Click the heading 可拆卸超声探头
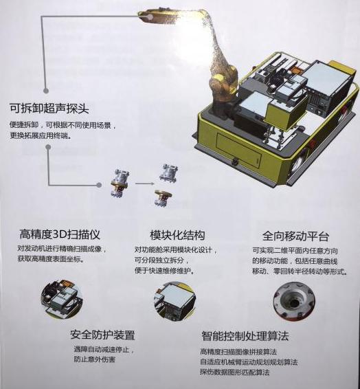tap(49, 108)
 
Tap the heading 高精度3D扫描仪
tap(60, 234)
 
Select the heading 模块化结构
tap(177, 234)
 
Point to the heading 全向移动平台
tap(295, 236)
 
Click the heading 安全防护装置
tap(102, 335)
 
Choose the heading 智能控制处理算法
tap(245, 336)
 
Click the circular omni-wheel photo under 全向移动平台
tap(294, 302)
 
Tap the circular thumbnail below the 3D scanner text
tap(62, 299)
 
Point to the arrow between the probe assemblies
tap(144, 184)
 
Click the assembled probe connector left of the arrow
tap(120, 183)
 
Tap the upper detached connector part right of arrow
tap(169, 173)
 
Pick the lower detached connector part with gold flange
tap(164, 198)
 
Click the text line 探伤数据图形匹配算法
tap(234, 372)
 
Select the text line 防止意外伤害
tap(94, 359)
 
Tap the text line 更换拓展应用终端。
tap(41, 135)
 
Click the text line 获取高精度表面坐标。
tap(50, 259)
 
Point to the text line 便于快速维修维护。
tap(164, 271)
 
